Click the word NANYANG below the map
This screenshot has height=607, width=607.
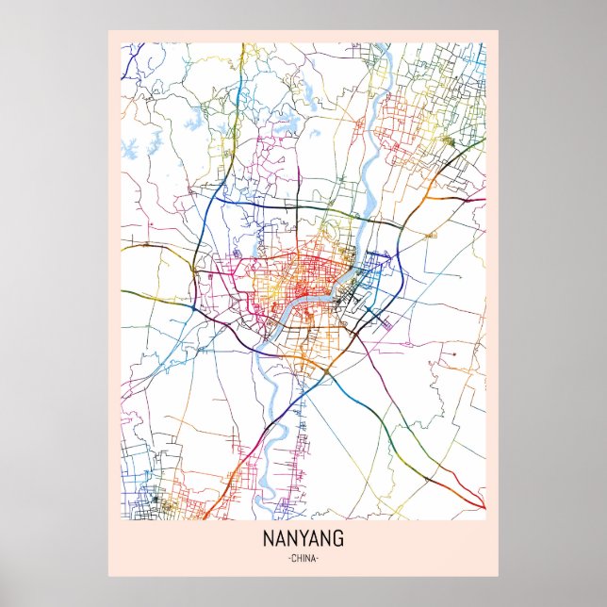[x=303, y=540]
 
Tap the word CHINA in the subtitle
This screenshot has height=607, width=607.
[x=303, y=559]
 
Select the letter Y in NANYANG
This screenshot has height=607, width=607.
[x=305, y=540]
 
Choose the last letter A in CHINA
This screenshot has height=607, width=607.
[x=315, y=559]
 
